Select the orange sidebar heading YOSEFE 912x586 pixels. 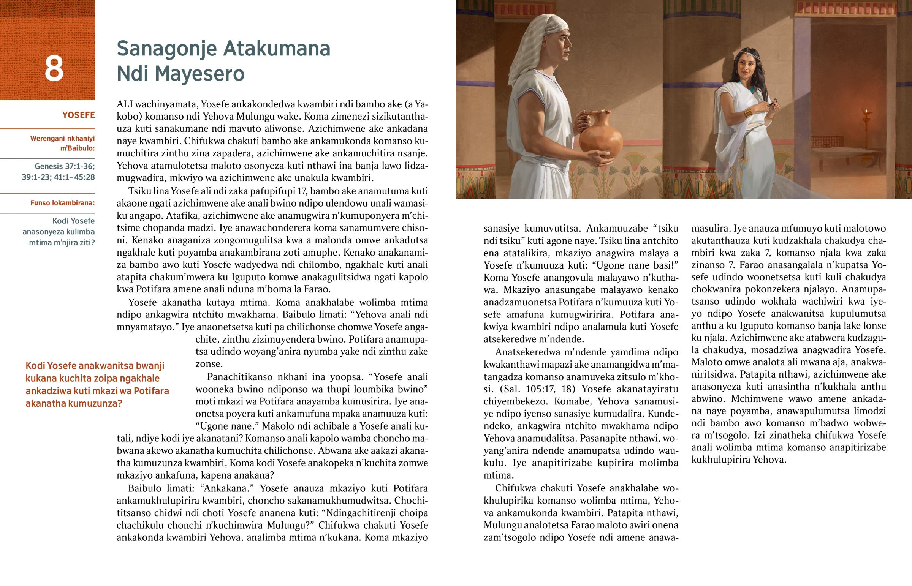pos(78,115)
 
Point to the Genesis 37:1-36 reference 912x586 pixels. pos(64,166)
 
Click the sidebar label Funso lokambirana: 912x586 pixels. pos(62,203)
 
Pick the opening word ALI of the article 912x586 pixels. pos(124,104)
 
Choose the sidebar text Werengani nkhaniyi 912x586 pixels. pos(62,139)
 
